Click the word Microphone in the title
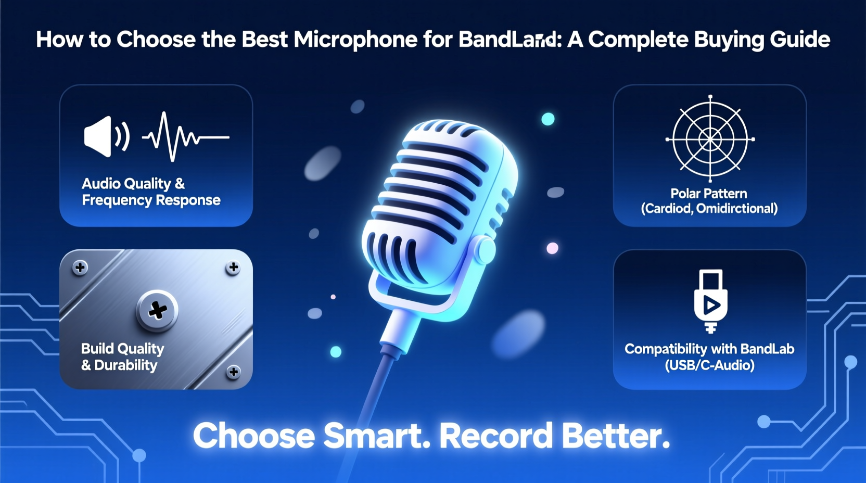click(x=355, y=40)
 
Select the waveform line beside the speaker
click(x=185, y=136)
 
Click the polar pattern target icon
click(x=710, y=139)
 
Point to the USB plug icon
click(x=710, y=301)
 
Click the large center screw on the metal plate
click(x=157, y=311)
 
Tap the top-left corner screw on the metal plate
click(x=80, y=268)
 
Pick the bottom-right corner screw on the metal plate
click(x=234, y=372)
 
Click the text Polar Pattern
click(x=708, y=194)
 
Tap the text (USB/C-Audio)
click(x=709, y=365)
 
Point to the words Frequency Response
click(x=151, y=200)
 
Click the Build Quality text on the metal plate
click(x=122, y=349)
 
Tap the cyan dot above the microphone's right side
click(x=548, y=119)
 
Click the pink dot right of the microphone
click(x=552, y=248)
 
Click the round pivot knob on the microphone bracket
click(x=486, y=250)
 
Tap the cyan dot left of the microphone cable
click(x=336, y=352)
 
